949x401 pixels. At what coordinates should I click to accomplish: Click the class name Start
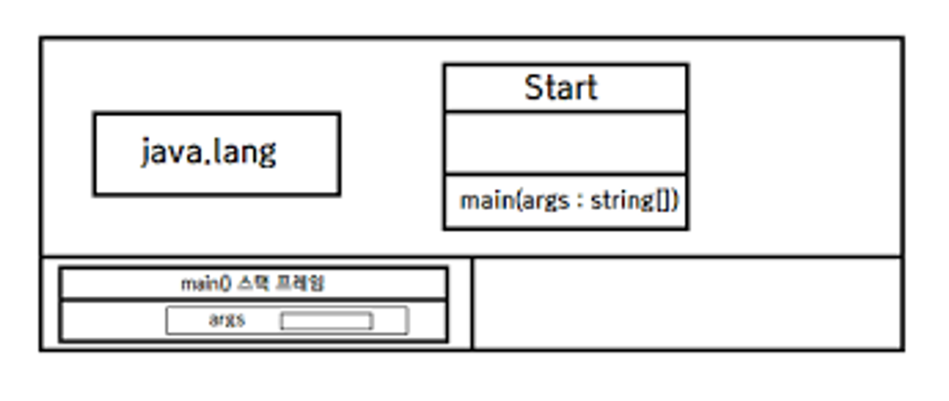coord(561,88)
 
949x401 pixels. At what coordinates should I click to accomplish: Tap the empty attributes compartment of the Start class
coord(566,143)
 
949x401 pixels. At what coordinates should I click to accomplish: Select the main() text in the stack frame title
coord(206,283)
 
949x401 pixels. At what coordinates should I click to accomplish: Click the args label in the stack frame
coord(227,320)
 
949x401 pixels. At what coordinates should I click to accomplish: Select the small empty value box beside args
coord(326,321)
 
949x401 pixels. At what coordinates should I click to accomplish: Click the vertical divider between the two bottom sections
coord(472,303)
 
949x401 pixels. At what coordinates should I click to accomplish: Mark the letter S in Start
coord(533,88)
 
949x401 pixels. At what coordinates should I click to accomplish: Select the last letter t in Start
coord(593,89)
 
